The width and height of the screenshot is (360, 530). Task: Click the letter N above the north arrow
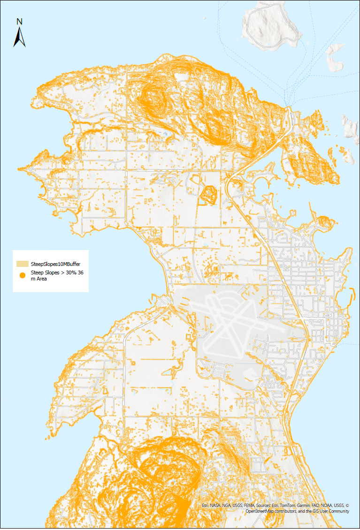click(19, 21)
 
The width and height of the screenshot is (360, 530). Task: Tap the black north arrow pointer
click(19, 38)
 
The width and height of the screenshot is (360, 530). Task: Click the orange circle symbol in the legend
click(22, 275)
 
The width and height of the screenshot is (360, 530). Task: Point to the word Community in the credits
click(337, 511)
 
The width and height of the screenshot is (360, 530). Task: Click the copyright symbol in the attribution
click(347, 506)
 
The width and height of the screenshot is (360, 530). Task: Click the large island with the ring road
click(270, 26)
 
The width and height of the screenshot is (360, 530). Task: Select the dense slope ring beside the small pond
click(207, 194)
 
